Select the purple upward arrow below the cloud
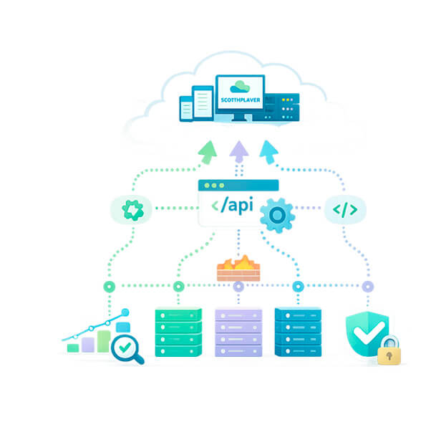[238, 152]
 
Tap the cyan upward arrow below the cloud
[270, 152]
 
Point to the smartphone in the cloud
[185, 109]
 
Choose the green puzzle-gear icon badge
[133, 209]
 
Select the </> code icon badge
[345, 209]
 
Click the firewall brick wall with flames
[238, 269]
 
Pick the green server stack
[178, 332]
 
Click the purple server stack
[238, 332]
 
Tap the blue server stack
[298, 332]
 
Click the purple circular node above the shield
[367, 287]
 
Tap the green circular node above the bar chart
[109, 287]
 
